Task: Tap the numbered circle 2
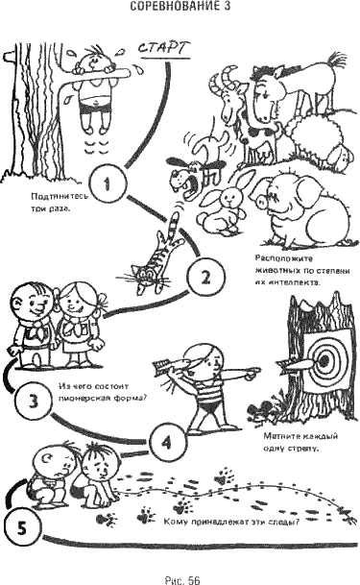pyautogui.click(x=204, y=278)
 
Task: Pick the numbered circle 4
pyautogui.click(x=166, y=443)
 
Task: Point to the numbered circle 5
pyautogui.click(x=23, y=524)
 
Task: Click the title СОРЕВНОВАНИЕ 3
pyautogui.click(x=180, y=7)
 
